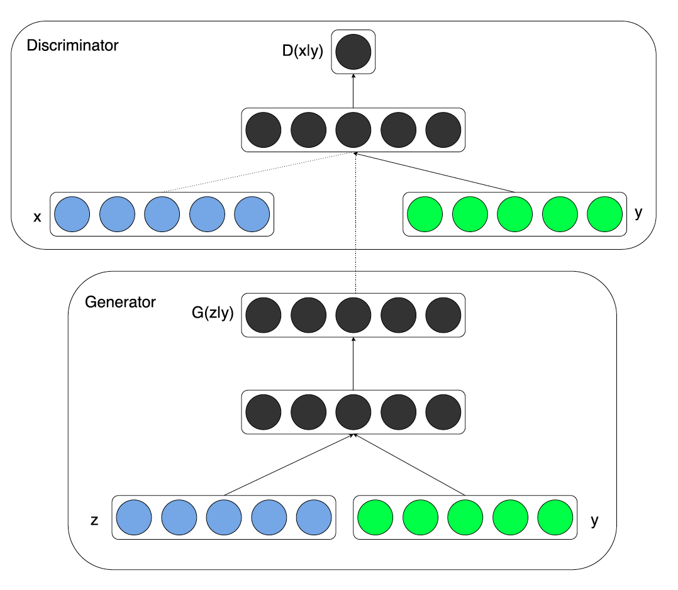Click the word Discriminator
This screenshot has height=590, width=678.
72,46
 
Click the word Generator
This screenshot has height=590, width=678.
119,302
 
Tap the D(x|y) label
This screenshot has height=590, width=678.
303,52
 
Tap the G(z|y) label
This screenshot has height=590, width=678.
212,313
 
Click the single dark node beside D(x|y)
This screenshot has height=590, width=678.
353,52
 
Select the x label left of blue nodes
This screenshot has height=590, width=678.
36,217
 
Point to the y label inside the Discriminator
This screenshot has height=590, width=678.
639,213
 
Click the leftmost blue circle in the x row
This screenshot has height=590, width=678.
72,214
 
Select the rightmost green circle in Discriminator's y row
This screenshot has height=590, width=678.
604,214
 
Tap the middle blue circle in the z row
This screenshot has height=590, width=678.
224,517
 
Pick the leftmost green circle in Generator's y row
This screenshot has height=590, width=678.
375,517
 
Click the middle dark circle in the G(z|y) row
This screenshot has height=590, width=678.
353,314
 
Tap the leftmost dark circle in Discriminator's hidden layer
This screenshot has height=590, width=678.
263,130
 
